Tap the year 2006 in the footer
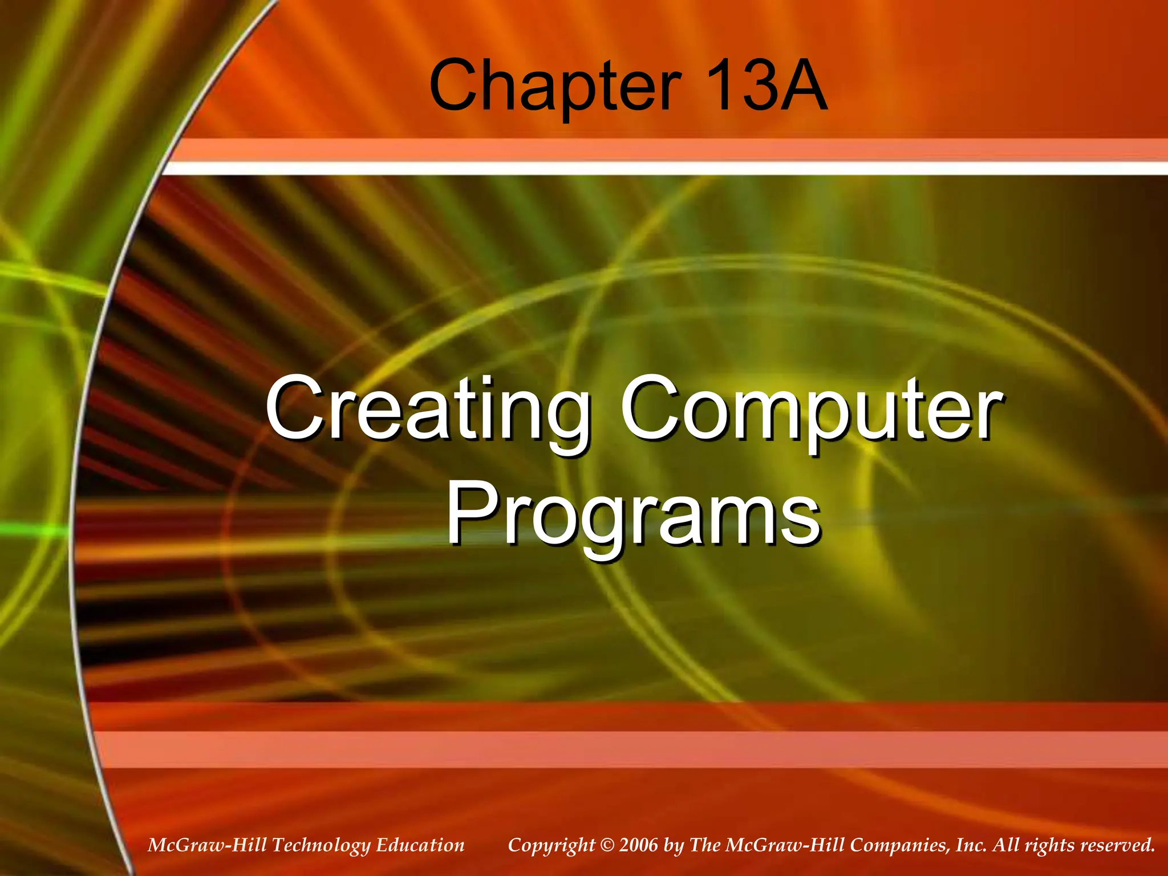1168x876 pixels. [x=638, y=845]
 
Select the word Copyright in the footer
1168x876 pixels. [x=551, y=845]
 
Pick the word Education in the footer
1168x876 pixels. [x=420, y=845]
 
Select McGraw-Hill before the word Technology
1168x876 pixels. [x=207, y=845]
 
